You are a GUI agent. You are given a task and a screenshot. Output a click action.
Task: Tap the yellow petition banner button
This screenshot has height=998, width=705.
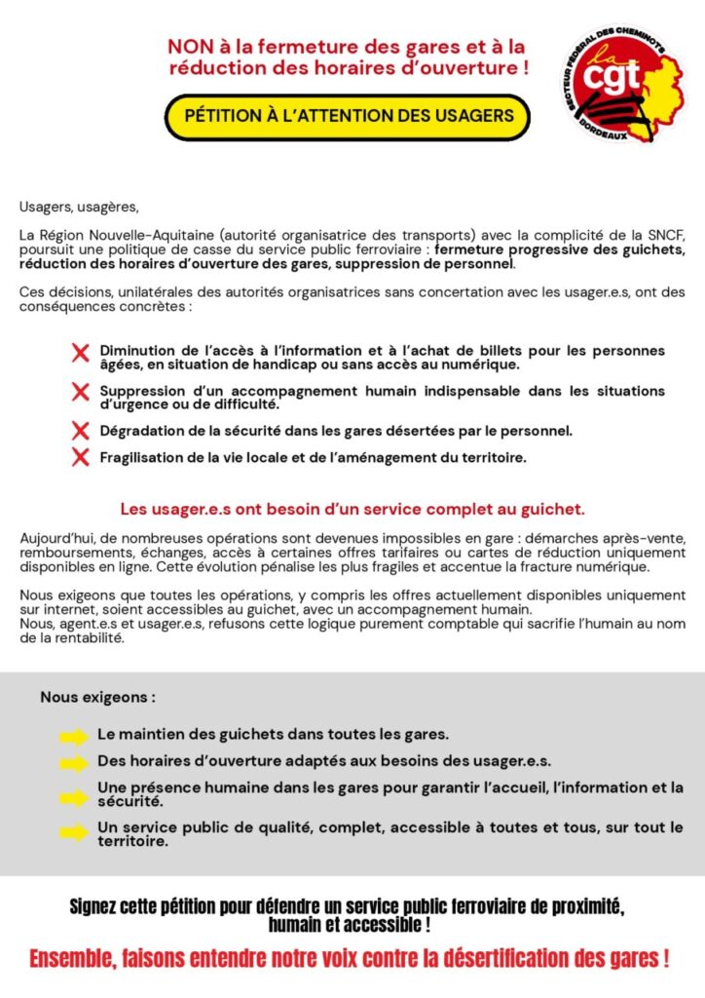(348, 115)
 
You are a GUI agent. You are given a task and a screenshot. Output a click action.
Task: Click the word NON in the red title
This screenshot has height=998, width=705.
(190, 47)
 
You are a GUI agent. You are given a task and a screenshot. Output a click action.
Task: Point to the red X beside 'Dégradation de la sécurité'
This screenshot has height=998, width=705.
(81, 430)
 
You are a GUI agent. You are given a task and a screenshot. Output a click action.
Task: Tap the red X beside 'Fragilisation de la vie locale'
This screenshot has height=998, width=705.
(81, 457)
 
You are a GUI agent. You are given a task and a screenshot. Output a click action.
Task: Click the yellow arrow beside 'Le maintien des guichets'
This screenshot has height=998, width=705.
(74, 737)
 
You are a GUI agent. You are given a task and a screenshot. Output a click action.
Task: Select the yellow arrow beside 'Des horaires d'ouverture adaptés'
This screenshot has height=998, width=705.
(74, 764)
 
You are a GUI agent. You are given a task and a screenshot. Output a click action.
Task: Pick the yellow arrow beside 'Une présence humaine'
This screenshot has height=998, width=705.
(74, 797)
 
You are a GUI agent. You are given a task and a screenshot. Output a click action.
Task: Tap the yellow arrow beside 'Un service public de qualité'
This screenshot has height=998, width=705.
(74, 833)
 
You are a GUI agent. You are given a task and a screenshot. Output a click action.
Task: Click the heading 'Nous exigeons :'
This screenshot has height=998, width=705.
(97, 698)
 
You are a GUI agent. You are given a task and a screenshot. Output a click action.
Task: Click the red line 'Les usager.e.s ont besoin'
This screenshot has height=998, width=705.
(352, 509)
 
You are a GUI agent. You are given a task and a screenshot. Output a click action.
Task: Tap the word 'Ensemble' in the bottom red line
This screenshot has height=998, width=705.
(75, 958)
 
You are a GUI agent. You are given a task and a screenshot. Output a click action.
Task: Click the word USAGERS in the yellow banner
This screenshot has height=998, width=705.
(472, 115)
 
